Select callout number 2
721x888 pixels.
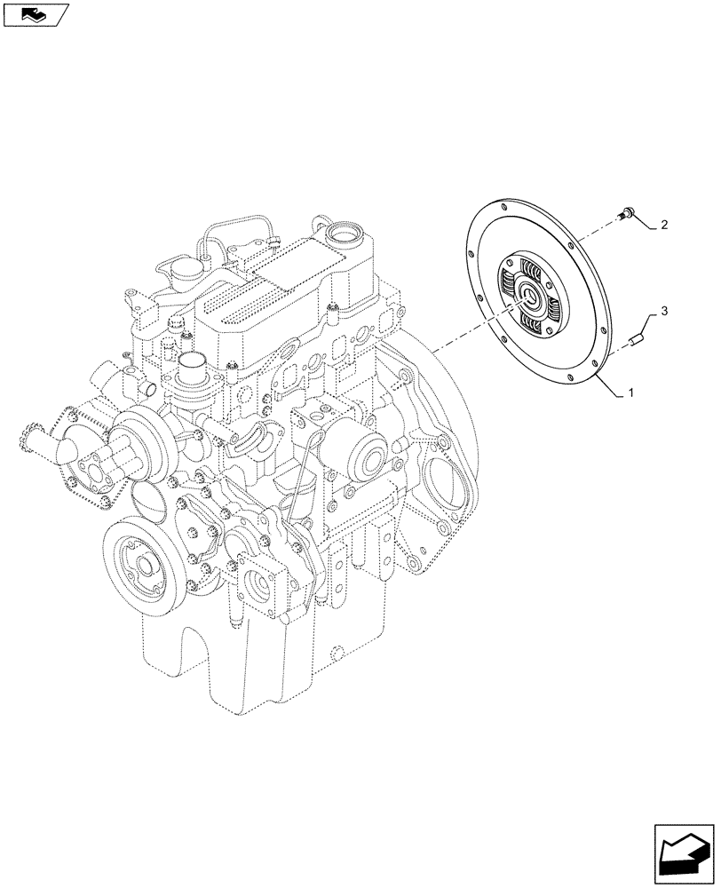coord(663,226)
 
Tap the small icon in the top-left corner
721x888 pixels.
coord(34,14)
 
